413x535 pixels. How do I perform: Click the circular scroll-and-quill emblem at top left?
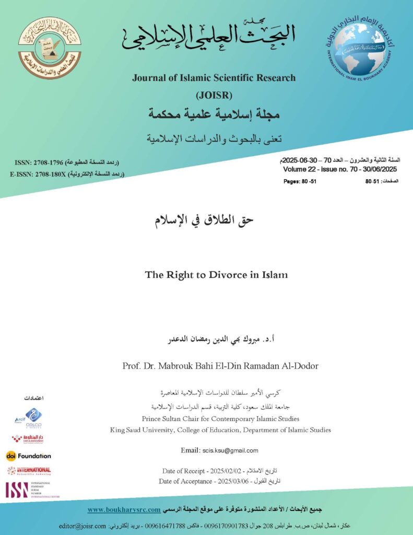pos(50,48)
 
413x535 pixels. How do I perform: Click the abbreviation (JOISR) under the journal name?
pos(214,95)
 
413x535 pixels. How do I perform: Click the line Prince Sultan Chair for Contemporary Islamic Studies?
pos(220,418)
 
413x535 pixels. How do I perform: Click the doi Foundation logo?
pos(29,456)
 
